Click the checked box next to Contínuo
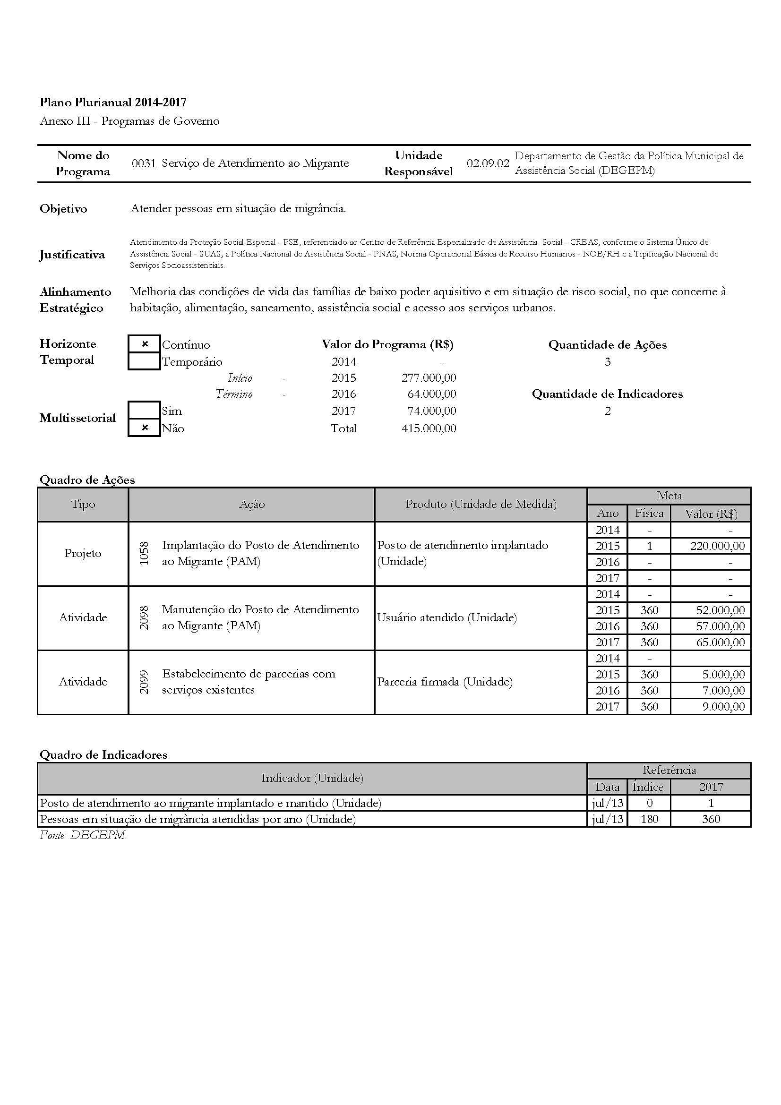click(x=145, y=344)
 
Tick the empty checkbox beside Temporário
click(x=145, y=361)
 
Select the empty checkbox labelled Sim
click(x=145, y=411)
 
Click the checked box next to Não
click(x=145, y=428)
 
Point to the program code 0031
click(x=144, y=163)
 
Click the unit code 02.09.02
click(x=488, y=163)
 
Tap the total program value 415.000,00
click(x=429, y=428)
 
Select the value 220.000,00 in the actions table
click(x=717, y=546)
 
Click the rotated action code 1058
click(x=144, y=554)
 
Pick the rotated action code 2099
click(x=144, y=682)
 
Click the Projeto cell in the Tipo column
click(x=83, y=554)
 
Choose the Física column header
click(x=649, y=514)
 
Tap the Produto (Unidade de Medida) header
click(x=481, y=505)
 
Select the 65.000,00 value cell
click(x=720, y=642)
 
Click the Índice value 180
click(x=649, y=819)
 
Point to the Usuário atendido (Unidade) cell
click(x=447, y=617)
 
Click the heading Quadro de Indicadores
click(x=103, y=754)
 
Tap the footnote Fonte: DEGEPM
click(x=83, y=836)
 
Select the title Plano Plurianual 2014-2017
click(x=113, y=102)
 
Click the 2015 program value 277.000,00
click(x=429, y=378)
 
